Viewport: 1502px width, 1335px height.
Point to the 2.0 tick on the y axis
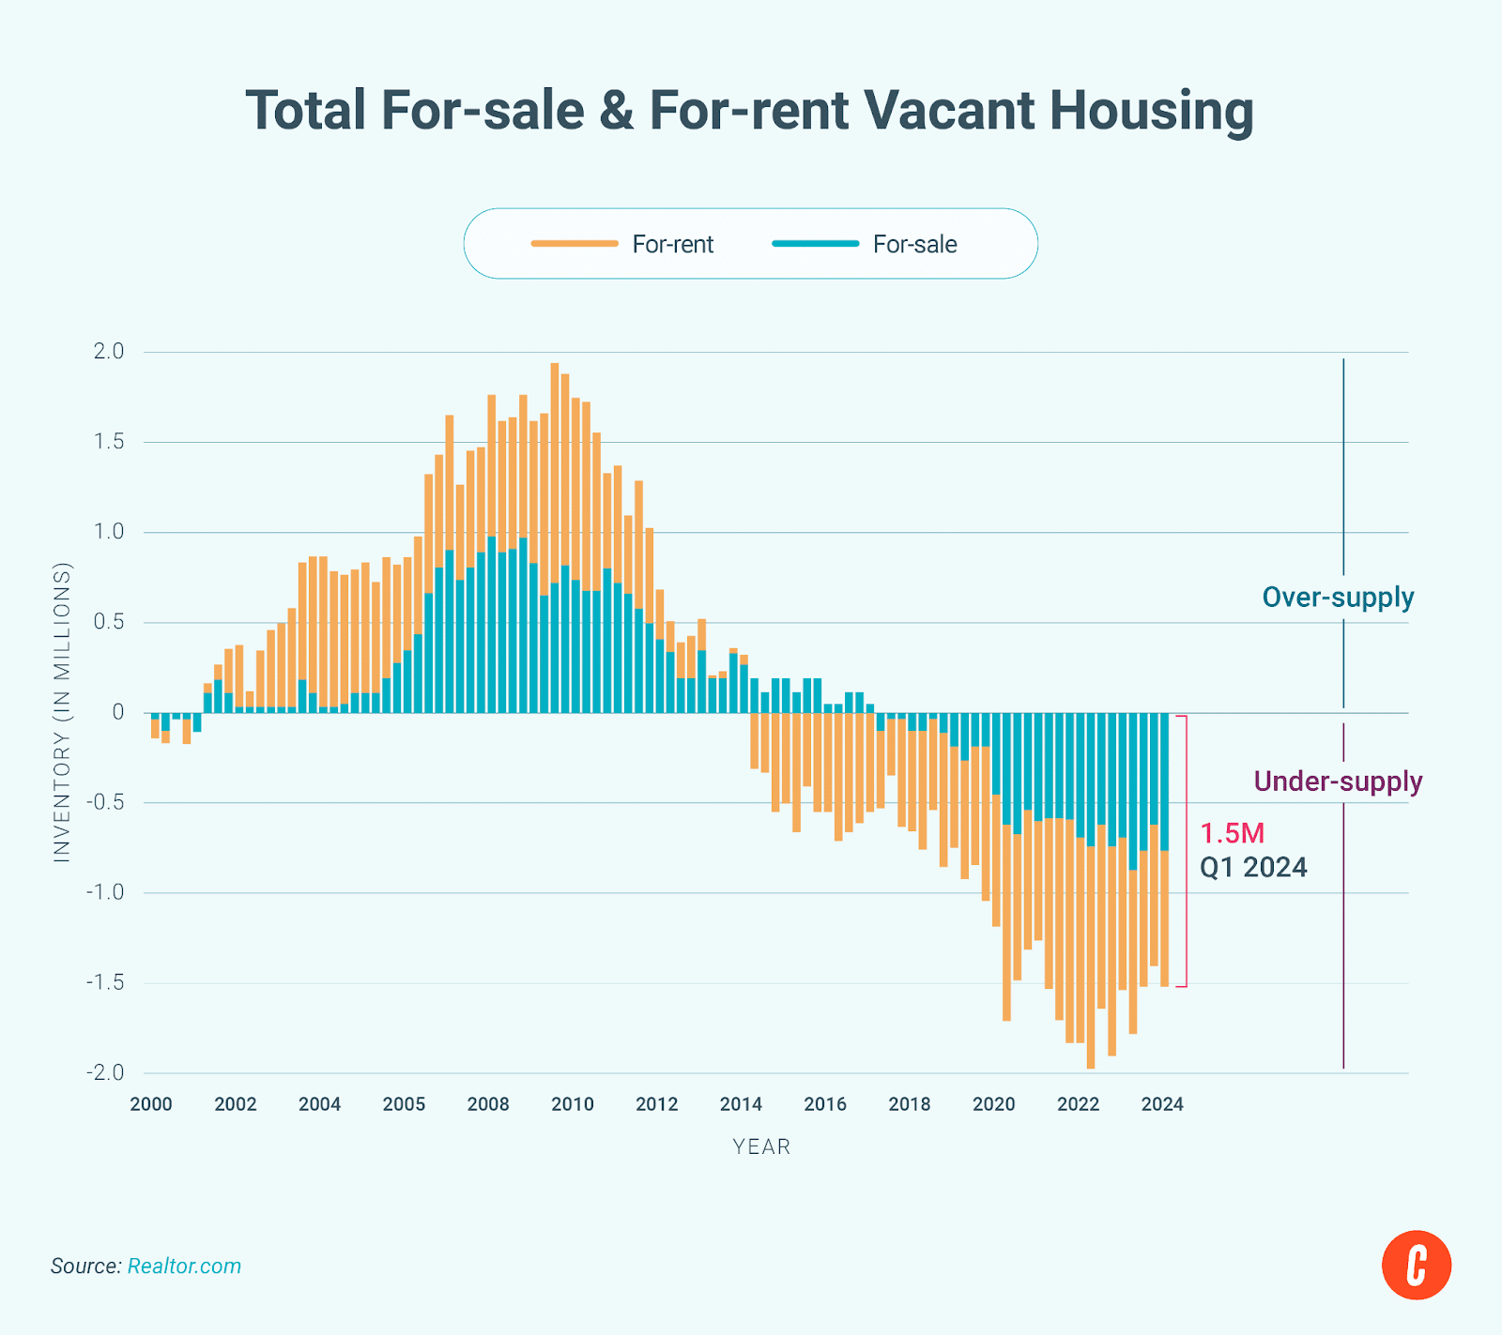click(108, 352)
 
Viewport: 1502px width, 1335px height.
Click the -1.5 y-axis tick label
click(105, 982)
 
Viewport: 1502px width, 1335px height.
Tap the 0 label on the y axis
click(117, 712)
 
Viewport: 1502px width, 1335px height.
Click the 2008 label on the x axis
click(488, 1104)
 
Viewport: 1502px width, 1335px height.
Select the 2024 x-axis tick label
click(1162, 1104)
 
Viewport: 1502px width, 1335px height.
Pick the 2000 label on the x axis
click(151, 1104)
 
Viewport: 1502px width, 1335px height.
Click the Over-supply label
click(1338, 598)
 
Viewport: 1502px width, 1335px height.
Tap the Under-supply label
click(1338, 781)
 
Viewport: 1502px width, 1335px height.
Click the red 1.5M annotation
click(1233, 833)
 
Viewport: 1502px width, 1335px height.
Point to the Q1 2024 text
click(1253, 867)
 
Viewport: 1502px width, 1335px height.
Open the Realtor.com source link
click(184, 1266)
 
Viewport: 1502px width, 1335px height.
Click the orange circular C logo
click(1416, 1265)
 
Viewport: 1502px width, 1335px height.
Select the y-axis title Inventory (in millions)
click(62, 712)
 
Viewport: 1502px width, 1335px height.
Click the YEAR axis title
click(761, 1146)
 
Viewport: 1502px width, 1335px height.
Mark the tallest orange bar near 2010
click(555, 469)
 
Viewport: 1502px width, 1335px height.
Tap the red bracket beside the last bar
click(1186, 851)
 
